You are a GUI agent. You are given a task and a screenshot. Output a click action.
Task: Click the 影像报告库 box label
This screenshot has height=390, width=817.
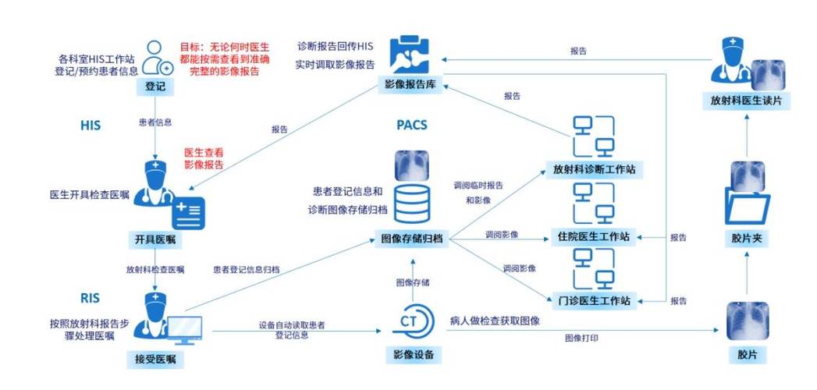click(x=410, y=84)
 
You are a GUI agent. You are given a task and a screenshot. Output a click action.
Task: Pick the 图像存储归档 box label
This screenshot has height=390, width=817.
click(x=411, y=239)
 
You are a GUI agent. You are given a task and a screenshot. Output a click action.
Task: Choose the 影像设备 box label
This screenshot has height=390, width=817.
click(x=413, y=356)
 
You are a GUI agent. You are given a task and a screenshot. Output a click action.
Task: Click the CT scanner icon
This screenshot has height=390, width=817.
click(x=412, y=323)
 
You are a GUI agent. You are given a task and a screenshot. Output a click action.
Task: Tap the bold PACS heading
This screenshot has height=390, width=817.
click(x=412, y=125)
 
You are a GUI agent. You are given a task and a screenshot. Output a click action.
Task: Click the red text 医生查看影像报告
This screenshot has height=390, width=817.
click(x=204, y=158)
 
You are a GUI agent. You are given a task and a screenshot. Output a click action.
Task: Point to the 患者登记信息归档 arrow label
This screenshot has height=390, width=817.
click(x=247, y=269)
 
